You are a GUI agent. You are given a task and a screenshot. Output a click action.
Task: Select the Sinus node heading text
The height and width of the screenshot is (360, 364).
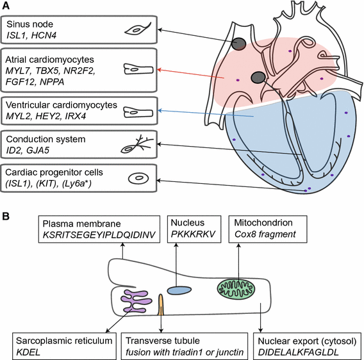coord(28,24)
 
